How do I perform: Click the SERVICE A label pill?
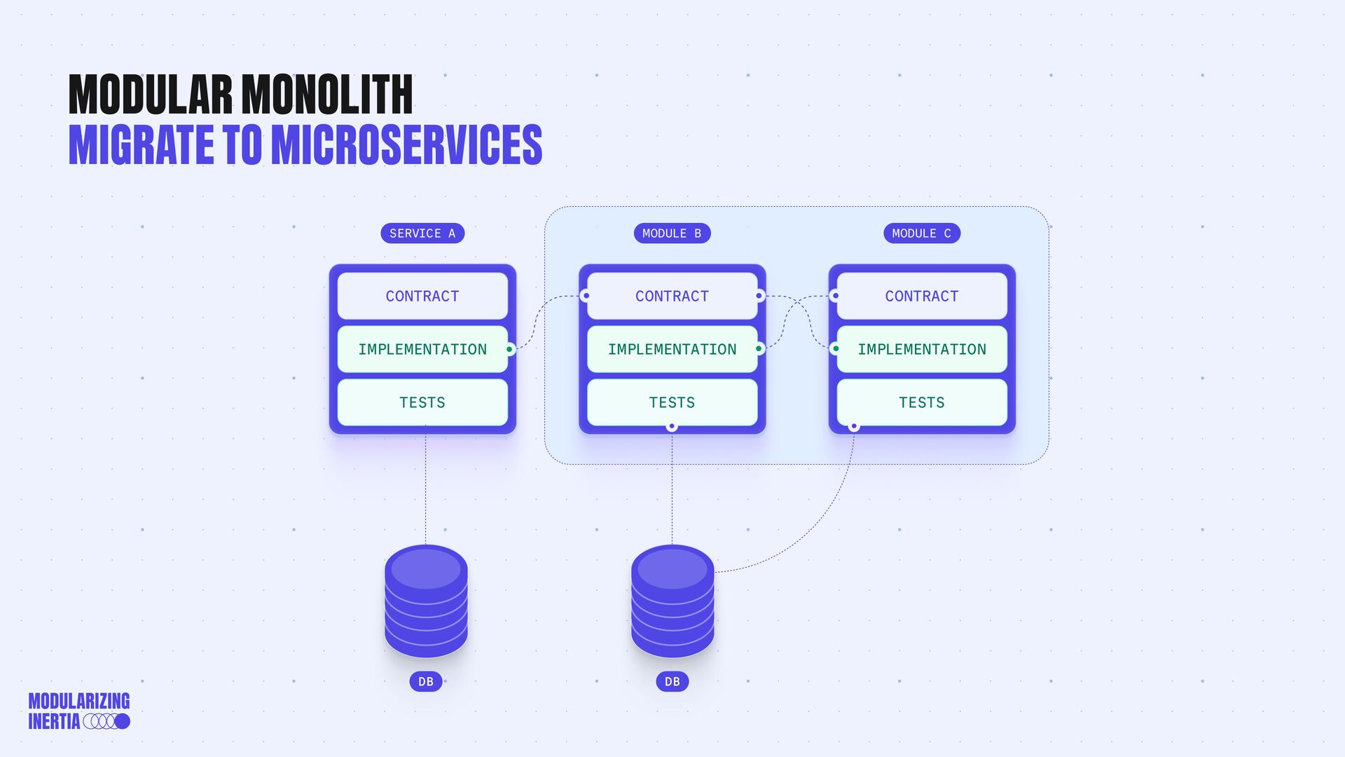422,233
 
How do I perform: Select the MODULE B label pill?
672,233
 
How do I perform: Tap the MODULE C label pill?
921,233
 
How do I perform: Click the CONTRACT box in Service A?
422,296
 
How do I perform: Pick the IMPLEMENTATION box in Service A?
422,349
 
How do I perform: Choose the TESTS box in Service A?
422,402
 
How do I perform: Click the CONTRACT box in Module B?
672,296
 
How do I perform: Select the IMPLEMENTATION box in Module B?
672,349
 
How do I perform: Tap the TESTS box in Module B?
672,402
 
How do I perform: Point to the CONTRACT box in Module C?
921,296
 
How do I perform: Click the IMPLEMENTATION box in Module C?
921,349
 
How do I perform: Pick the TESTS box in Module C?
921,402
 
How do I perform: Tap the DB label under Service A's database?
426,681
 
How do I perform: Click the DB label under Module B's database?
672,681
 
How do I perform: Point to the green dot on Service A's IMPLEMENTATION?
510,349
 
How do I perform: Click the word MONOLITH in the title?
326,95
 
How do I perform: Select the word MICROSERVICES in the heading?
406,145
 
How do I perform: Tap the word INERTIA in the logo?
54,721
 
